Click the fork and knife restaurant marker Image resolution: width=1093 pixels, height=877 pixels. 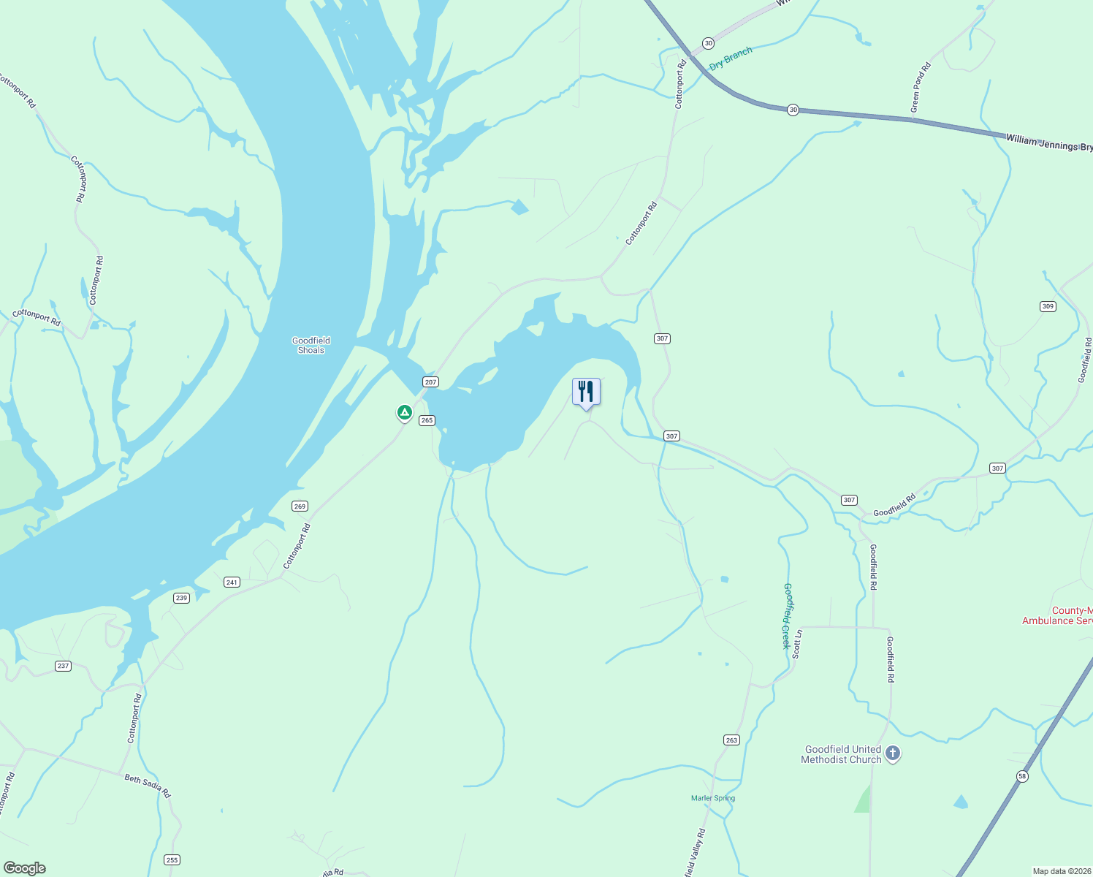tap(586, 392)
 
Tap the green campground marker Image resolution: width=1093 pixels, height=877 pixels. tap(405, 413)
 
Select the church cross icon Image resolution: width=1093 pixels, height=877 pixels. tap(892, 753)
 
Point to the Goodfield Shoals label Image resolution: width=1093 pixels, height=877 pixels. tap(311, 345)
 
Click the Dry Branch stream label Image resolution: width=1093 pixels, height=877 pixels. tap(731, 58)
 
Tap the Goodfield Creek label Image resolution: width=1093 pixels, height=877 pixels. tap(787, 615)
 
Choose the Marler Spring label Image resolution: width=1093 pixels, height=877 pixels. tap(713, 798)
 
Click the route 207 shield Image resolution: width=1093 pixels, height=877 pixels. tap(430, 382)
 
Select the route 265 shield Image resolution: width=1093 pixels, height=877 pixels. tap(427, 420)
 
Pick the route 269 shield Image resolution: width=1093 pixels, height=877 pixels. tap(300, 506)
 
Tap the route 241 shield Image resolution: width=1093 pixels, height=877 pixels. tap(232, 582)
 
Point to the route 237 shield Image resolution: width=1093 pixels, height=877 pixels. tap(63, 666)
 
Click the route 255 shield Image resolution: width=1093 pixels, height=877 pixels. tap(172, 859)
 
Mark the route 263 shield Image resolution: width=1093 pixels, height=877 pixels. tap(731, 740)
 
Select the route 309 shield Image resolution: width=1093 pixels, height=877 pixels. tap(1048, 306)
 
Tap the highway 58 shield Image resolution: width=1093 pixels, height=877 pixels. tap(1021, 776)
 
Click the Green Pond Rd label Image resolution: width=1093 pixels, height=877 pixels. tap(921, 88)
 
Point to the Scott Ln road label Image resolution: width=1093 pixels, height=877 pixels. tap(797, 644)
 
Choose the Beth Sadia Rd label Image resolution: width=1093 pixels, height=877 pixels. tap(148, 786)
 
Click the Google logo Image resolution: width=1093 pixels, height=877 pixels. tap(25, 868)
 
